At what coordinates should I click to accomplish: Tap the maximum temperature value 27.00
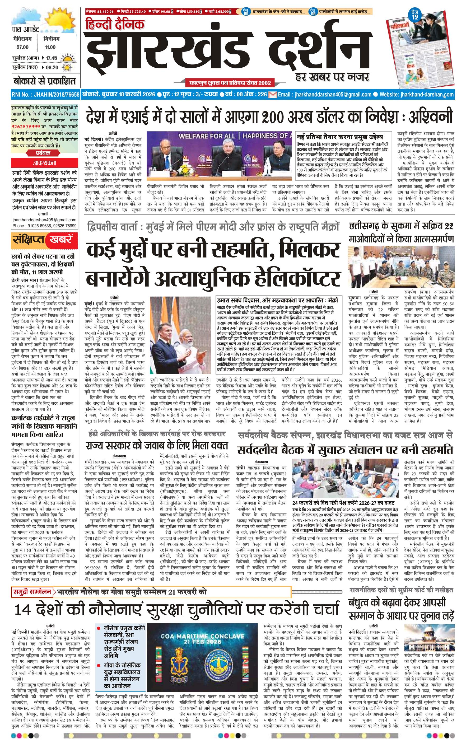pos(22,47)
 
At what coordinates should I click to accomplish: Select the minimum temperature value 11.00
pos(50,47)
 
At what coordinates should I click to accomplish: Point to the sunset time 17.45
pos(52,58)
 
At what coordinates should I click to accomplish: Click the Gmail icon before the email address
pos(272,95)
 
